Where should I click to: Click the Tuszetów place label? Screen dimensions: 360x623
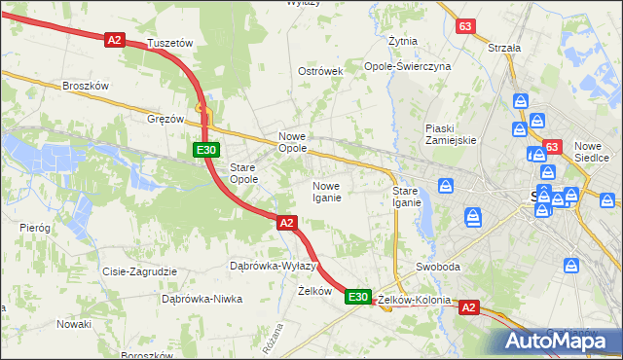pyautogui.click(x=169, y=44)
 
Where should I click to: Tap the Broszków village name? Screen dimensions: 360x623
pyautogui.click(x=85, y=86)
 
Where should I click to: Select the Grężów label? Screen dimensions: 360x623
pyautogui.click(x=165, y=119)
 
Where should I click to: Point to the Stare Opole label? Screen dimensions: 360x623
pyautogui.click(x=242, y=173)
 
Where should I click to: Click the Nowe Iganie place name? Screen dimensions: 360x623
pyautogui.click(x=326, y=192)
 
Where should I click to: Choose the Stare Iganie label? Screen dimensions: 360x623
pyautogui.click(x=407, y=197)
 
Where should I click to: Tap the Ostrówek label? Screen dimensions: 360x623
pyautogui.click(x=321, y=72)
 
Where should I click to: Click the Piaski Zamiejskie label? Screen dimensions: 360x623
pyautogui.click(x=450, y=133)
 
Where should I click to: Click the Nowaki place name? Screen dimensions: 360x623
pyautogui.click(x=73, y=324)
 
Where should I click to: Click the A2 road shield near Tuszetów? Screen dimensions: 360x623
pyautogui.click(x=115, y=39)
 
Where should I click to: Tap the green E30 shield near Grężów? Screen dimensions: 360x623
pyautogui.click(x=204, y=150)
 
